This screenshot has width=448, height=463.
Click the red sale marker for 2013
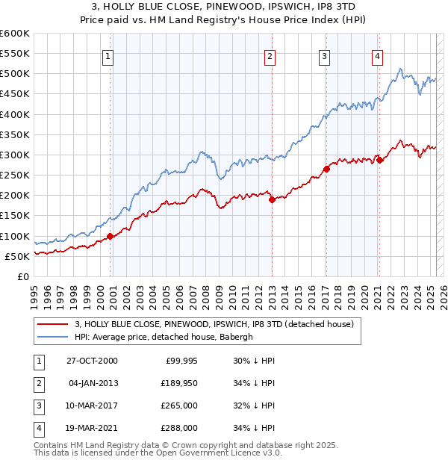pyautogui.click(x=272, y=199)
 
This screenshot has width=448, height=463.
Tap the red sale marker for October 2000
pyautogui.click(x=111, y=236)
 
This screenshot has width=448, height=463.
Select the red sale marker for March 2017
pyautogui.click(x=326, y=169)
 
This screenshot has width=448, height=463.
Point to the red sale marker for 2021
pyautogui.click(x=379, y=159)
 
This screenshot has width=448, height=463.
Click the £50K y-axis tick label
pyautogui.click(x=17, y=256)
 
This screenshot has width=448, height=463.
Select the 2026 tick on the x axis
pyautogui.click(x=443, y=292)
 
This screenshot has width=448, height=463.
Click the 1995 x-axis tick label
pyautogui.click(x=34, y=292)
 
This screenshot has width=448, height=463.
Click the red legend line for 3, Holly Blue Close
pyautogui.click(x=52, y=324)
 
